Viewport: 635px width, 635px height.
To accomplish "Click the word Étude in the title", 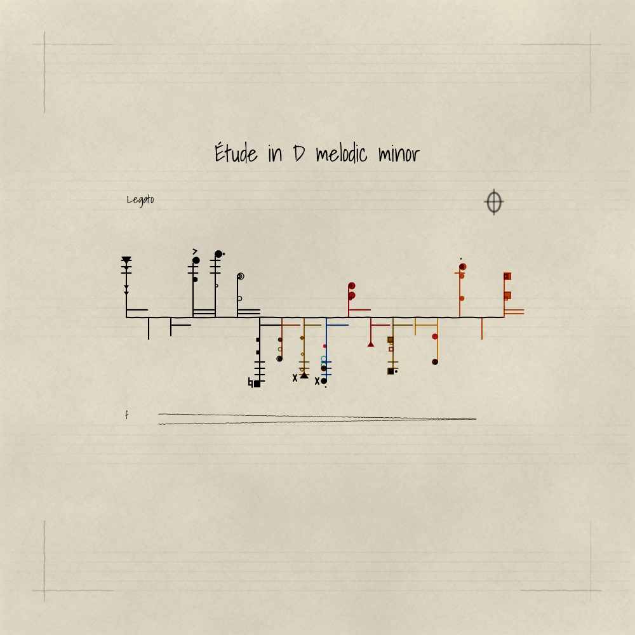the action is tap(236, 152).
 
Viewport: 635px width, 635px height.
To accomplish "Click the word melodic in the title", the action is tap(342, 154).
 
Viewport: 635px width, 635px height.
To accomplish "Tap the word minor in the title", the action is tap(399, 154).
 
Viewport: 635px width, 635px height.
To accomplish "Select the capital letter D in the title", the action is tap(299, 154).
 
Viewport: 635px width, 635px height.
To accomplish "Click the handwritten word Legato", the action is tap(140, 200).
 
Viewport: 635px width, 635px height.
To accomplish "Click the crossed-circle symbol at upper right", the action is tap(493, 202).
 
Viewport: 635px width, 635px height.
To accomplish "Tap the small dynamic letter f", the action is tap(127, 415).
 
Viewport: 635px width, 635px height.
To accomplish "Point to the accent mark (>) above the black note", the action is tap(195, 251).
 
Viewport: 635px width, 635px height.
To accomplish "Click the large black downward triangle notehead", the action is tap(126, 260).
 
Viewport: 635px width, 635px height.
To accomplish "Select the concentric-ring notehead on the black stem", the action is tap(241, 276).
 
